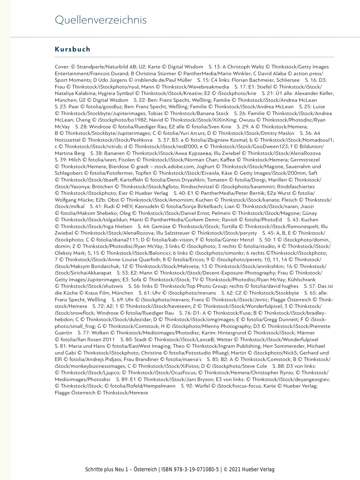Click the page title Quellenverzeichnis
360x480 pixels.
point(101,20)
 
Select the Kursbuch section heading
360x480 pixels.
point(73,49)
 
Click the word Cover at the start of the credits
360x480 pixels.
point(61,67)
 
